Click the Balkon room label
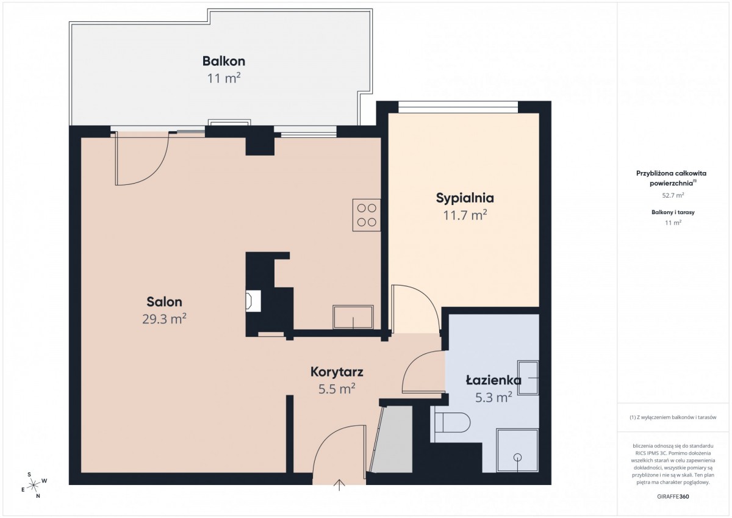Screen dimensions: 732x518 click(x=224, y=61)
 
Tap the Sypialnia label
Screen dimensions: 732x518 click(x=465, y=198)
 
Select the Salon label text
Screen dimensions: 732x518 click(x=164, y=301)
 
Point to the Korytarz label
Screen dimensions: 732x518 click(x=337, y=372)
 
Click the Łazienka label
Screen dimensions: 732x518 click(x=493, y=380)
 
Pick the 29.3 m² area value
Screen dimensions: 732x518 click(x=164, y=319)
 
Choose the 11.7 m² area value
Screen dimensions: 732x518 click(x=465, y=215)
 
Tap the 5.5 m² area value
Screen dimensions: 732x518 click(x=337, y=389)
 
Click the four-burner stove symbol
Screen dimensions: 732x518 click(x=367, y=215)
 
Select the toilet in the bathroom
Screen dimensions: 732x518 click(x=453, y=422)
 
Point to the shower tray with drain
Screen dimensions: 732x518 click(x=517, y=450)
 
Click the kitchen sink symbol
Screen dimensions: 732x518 click(x=353, y=317)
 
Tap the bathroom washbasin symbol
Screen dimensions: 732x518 click(x=528, y=378)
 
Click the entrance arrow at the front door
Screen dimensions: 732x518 click(x=340, y=484)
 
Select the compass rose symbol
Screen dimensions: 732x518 click(x=34, y=485)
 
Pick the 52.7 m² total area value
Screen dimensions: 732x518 click(x=673, y=195)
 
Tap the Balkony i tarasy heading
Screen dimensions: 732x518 click(x=673, y=212)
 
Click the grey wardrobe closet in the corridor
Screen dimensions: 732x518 click(x=392, y=439)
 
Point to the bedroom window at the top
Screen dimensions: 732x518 click(x=458, y=107)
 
